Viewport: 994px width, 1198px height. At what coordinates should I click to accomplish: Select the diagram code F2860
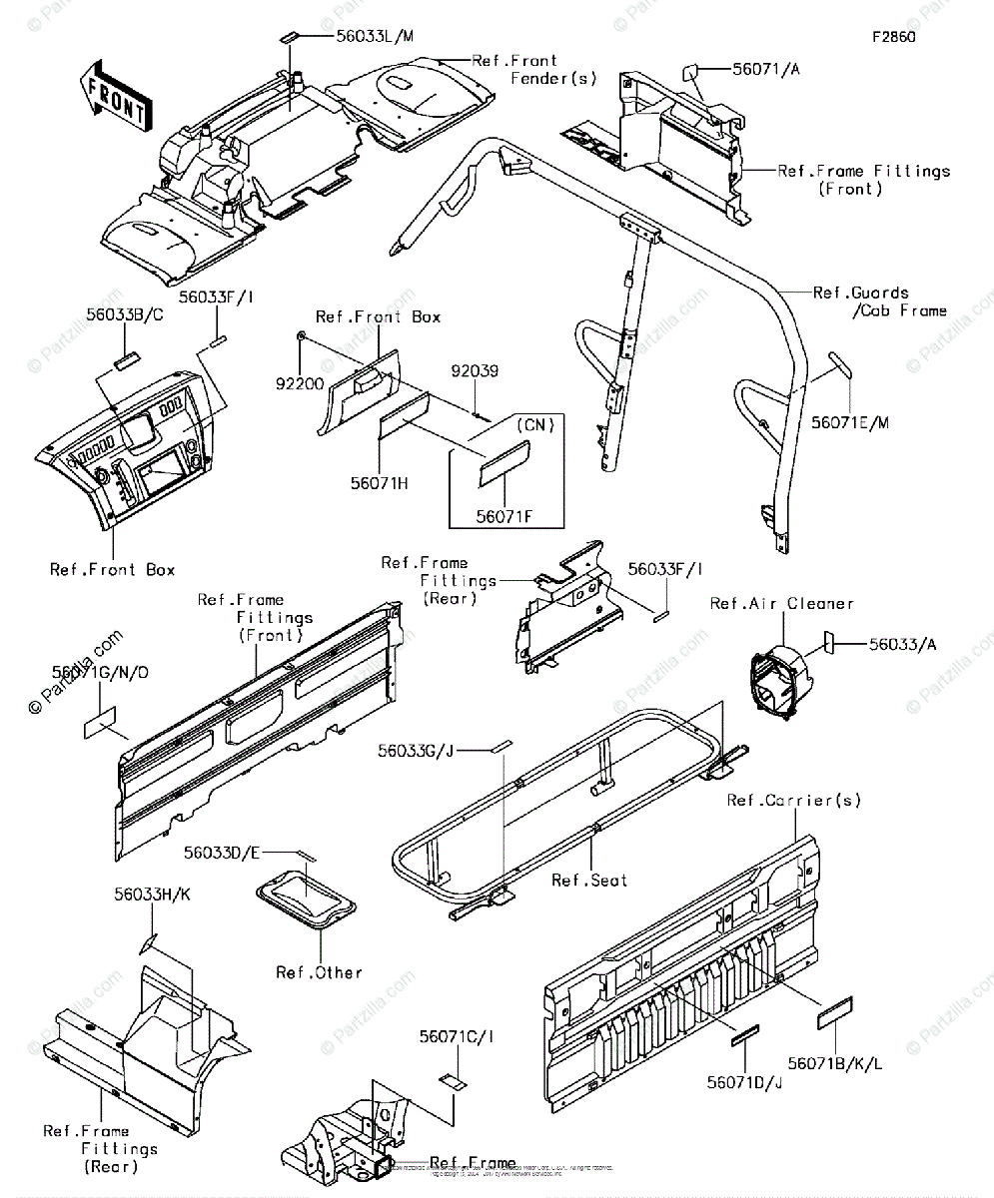pos(893,38)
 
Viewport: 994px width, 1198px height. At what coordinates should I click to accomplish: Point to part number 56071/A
pos(766,70)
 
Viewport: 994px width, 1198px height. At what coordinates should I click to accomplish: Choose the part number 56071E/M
pos(849,422)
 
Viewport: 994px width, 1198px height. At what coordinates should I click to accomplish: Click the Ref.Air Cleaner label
pos(781,603)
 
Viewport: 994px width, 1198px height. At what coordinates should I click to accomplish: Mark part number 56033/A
pos(903,645)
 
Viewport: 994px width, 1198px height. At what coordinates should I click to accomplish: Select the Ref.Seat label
pos(590,881)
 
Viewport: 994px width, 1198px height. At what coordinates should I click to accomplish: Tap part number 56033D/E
pos(222,854)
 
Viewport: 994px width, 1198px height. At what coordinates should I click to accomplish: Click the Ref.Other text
pos(319,972)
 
